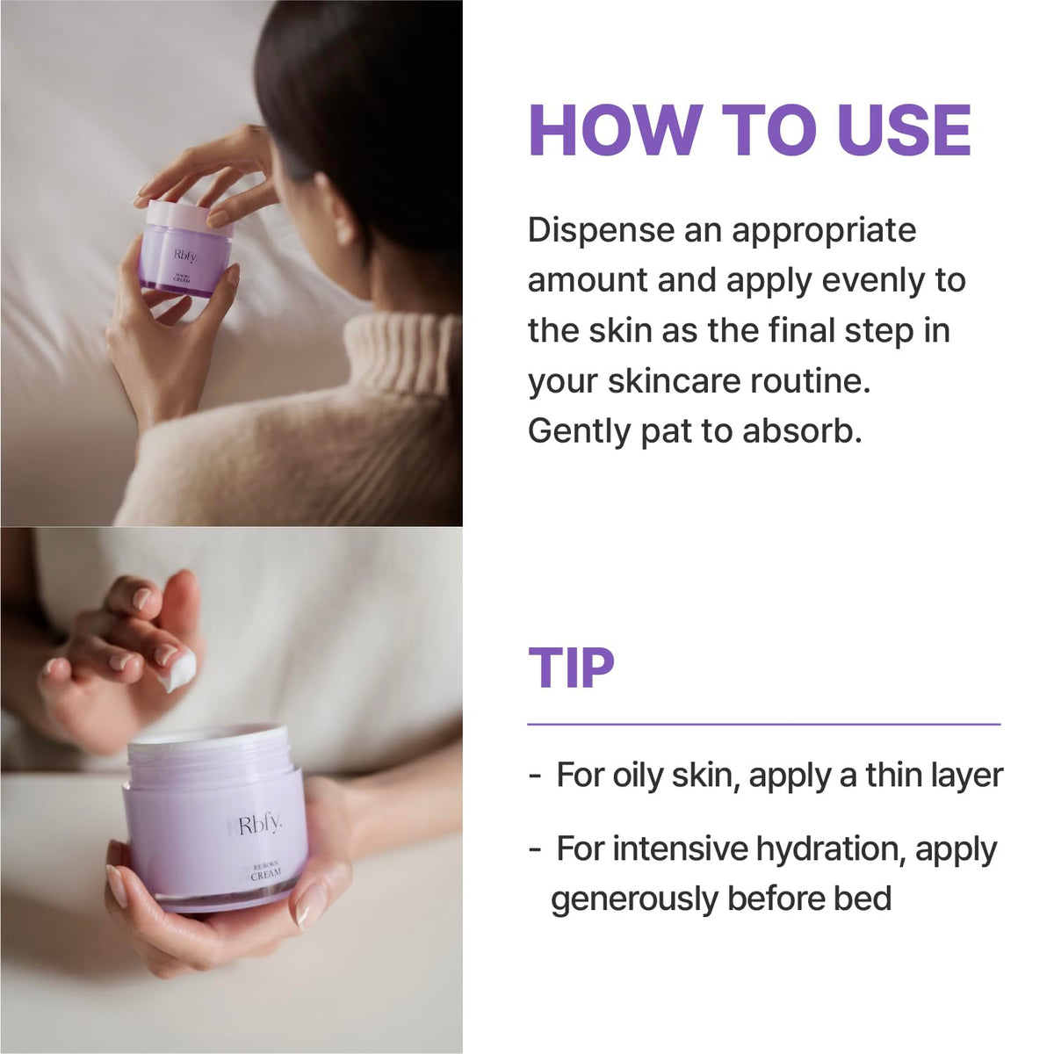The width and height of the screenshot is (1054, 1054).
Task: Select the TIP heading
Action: click(571, 668)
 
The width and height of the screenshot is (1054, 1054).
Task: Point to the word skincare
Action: click(674, 382)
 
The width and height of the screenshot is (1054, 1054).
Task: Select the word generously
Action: click(634, 899)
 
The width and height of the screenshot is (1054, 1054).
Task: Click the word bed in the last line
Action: click(863, 899)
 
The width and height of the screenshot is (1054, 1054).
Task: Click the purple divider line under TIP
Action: click(764, 725)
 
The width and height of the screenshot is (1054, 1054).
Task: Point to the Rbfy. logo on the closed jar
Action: click(185, 255)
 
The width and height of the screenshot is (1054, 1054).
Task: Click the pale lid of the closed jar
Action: click(190, 217)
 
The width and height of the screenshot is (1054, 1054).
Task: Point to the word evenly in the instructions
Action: click(874, 281)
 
